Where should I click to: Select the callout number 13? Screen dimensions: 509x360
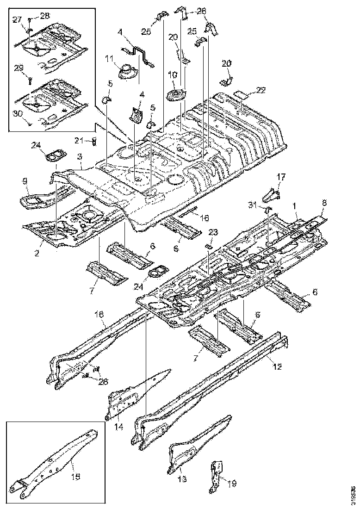[x=182, y=480]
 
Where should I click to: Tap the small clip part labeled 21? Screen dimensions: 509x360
[x=94, y=141]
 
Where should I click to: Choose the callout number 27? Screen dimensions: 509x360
[x=17, y=19]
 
